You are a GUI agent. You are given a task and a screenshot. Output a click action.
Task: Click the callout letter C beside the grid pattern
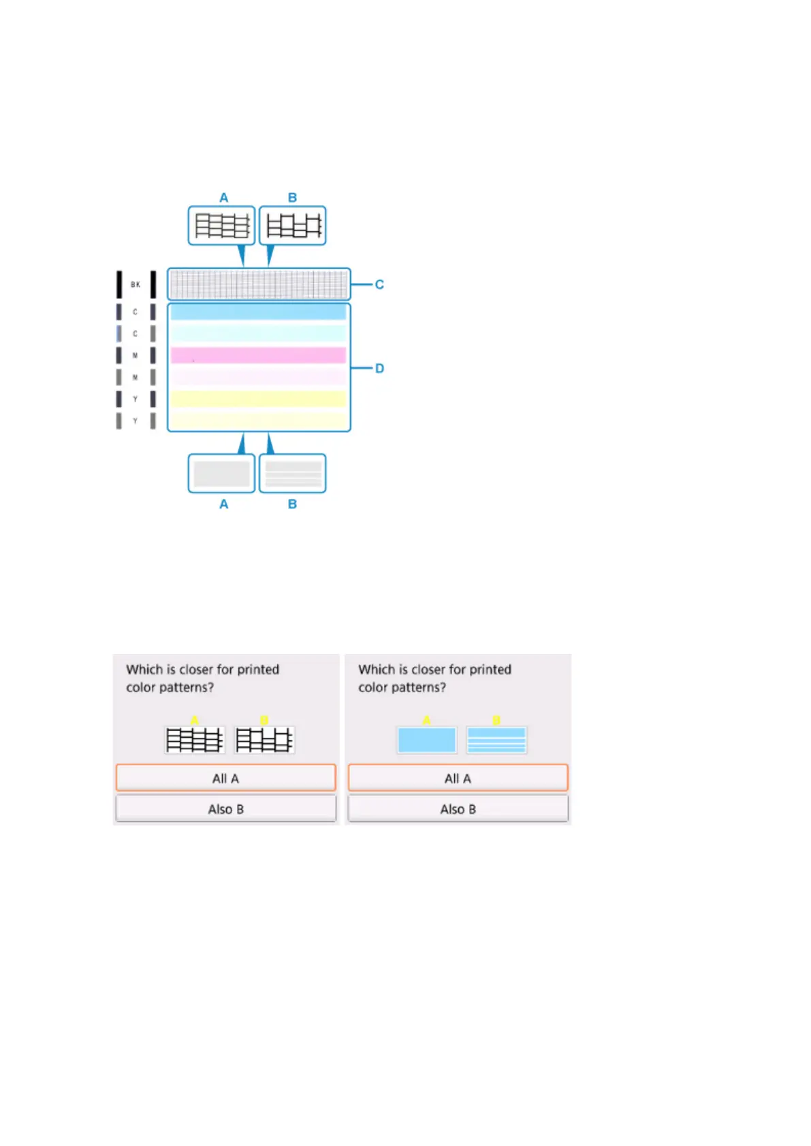click(379, 284)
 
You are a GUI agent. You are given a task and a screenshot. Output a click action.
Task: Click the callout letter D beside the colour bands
click(379, 368)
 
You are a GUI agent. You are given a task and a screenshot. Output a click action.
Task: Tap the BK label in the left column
click(136, 284)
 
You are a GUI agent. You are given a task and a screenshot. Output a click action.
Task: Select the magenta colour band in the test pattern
click(258, 355)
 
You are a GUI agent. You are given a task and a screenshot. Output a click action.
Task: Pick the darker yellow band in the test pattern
click(258, 398)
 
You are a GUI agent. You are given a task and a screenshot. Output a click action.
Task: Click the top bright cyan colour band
click(258, 312)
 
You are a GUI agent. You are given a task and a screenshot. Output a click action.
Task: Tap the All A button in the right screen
click(458, 778)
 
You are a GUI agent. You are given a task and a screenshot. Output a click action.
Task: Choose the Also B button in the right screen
click(458, 809)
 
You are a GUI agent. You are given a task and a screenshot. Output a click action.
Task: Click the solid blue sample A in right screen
click(426, 740)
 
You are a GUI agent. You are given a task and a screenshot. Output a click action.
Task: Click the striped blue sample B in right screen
click(496, 740)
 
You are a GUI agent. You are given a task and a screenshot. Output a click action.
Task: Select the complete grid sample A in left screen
click(195, 740)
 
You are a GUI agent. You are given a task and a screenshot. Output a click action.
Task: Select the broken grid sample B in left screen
click(264, 740)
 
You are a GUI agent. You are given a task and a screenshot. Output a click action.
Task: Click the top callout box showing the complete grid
click(221, 225)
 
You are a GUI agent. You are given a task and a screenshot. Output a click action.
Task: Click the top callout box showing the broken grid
click(293, 225)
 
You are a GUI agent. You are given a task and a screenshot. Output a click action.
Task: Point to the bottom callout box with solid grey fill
click(221, 474)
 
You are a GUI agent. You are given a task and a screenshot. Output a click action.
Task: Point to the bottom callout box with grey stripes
click(293, 474)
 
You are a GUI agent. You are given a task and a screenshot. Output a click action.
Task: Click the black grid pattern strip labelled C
click(258, 284)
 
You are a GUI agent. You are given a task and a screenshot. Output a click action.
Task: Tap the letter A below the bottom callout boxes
click(223, 504)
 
